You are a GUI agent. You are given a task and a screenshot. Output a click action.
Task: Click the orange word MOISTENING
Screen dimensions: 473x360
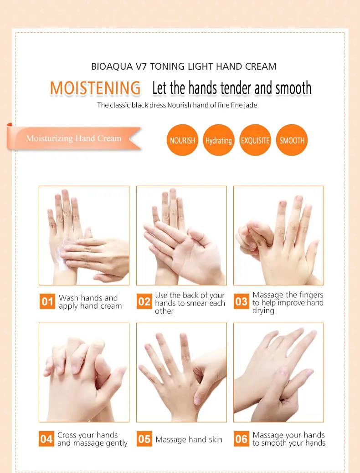95,88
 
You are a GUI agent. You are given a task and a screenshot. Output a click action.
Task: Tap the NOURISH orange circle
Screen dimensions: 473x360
182,140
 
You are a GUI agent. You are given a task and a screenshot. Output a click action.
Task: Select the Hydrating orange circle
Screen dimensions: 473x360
219,140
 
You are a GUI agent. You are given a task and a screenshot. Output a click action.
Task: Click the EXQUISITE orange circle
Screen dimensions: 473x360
255,140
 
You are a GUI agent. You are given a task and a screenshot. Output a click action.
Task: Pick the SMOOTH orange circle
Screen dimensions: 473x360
292,140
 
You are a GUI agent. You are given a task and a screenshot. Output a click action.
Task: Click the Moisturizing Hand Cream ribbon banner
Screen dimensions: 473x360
74,138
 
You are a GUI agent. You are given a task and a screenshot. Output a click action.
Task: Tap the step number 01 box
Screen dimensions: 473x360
47,301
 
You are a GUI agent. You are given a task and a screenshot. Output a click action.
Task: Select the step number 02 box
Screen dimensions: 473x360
144,301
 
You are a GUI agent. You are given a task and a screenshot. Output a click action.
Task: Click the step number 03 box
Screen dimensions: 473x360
242,301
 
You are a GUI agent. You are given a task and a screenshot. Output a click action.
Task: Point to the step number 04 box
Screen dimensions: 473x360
47,439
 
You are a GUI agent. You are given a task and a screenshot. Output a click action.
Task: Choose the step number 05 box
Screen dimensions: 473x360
144,439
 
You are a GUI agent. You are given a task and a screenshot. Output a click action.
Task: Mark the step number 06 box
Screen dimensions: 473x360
242,439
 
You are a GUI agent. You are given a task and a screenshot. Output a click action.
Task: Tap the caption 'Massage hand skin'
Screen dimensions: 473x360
189,439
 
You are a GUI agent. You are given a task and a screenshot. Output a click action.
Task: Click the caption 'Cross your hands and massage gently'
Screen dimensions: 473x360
92,439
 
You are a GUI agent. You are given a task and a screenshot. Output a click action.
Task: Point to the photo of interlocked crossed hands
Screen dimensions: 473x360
84,372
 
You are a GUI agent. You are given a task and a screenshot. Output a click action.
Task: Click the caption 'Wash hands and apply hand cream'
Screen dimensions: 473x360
90,302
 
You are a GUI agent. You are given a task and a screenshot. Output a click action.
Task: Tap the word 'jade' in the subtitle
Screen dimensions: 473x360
255,105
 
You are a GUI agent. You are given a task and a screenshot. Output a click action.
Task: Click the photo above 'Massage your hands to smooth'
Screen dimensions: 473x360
278,372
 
